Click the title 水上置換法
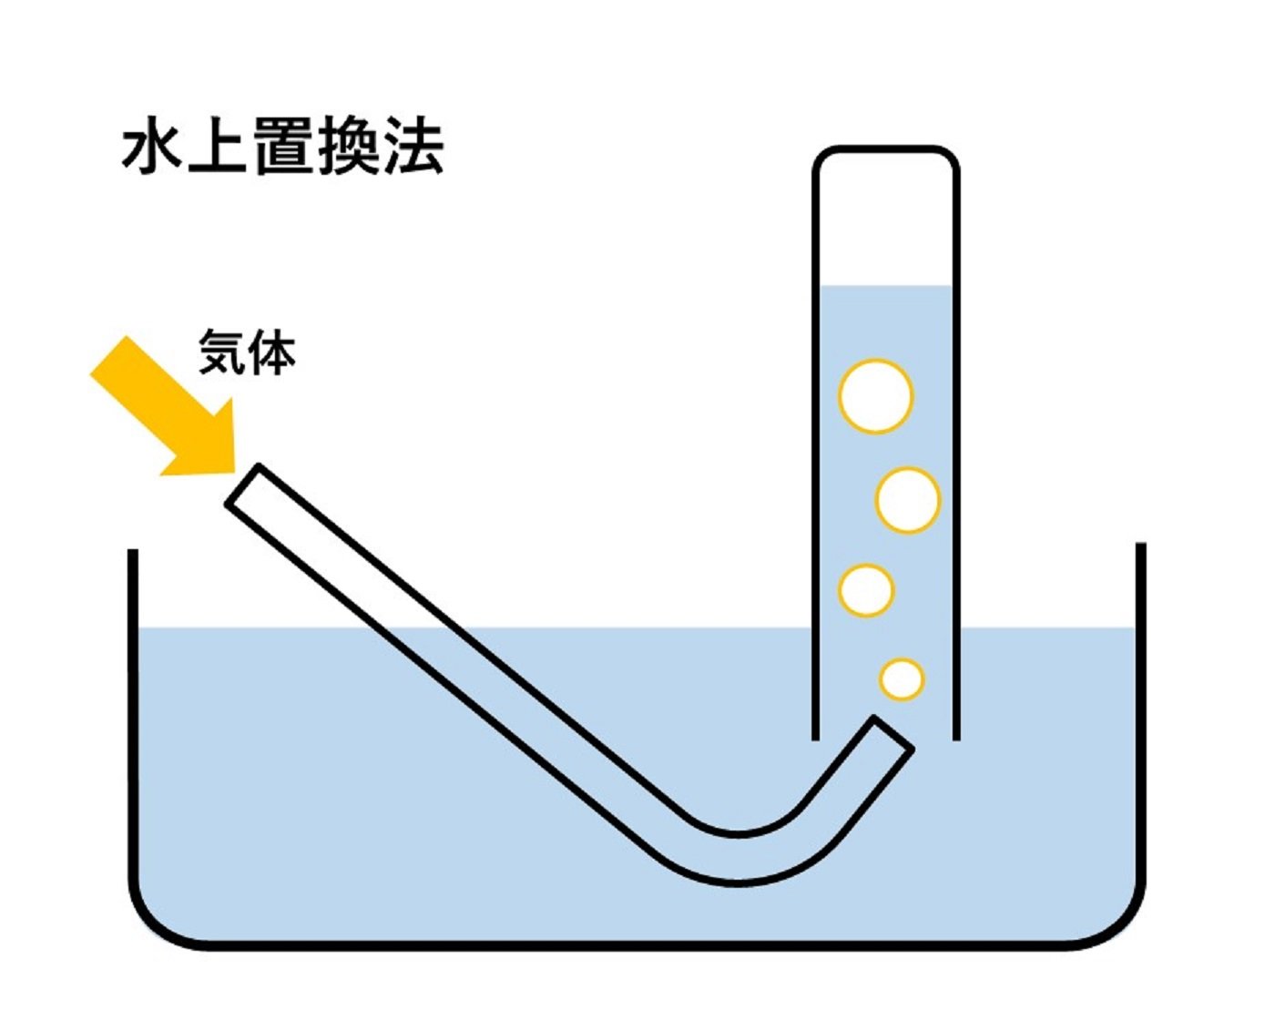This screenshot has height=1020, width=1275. pyautogui.click(x=282, y=148)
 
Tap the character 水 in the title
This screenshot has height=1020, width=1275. pyautogui.click(x=153, y=148)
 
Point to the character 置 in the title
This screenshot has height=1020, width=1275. pyautogui.click(x=283, y=148)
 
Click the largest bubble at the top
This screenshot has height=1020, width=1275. pyautogui.click(x=875, y=396)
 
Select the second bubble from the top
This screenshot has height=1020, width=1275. pyautogui.click(x=907, y=500)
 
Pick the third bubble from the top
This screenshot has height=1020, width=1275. pyautogui.click(x=866, y=590)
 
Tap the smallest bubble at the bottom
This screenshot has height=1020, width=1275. pyautogui.click(x=902, y=679)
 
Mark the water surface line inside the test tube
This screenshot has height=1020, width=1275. pyautogui.click(x=885, y=287)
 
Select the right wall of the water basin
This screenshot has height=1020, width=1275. pyautogui.click(x=1140, y=710)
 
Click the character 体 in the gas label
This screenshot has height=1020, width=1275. pyautogui.click(x=272, y=352)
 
